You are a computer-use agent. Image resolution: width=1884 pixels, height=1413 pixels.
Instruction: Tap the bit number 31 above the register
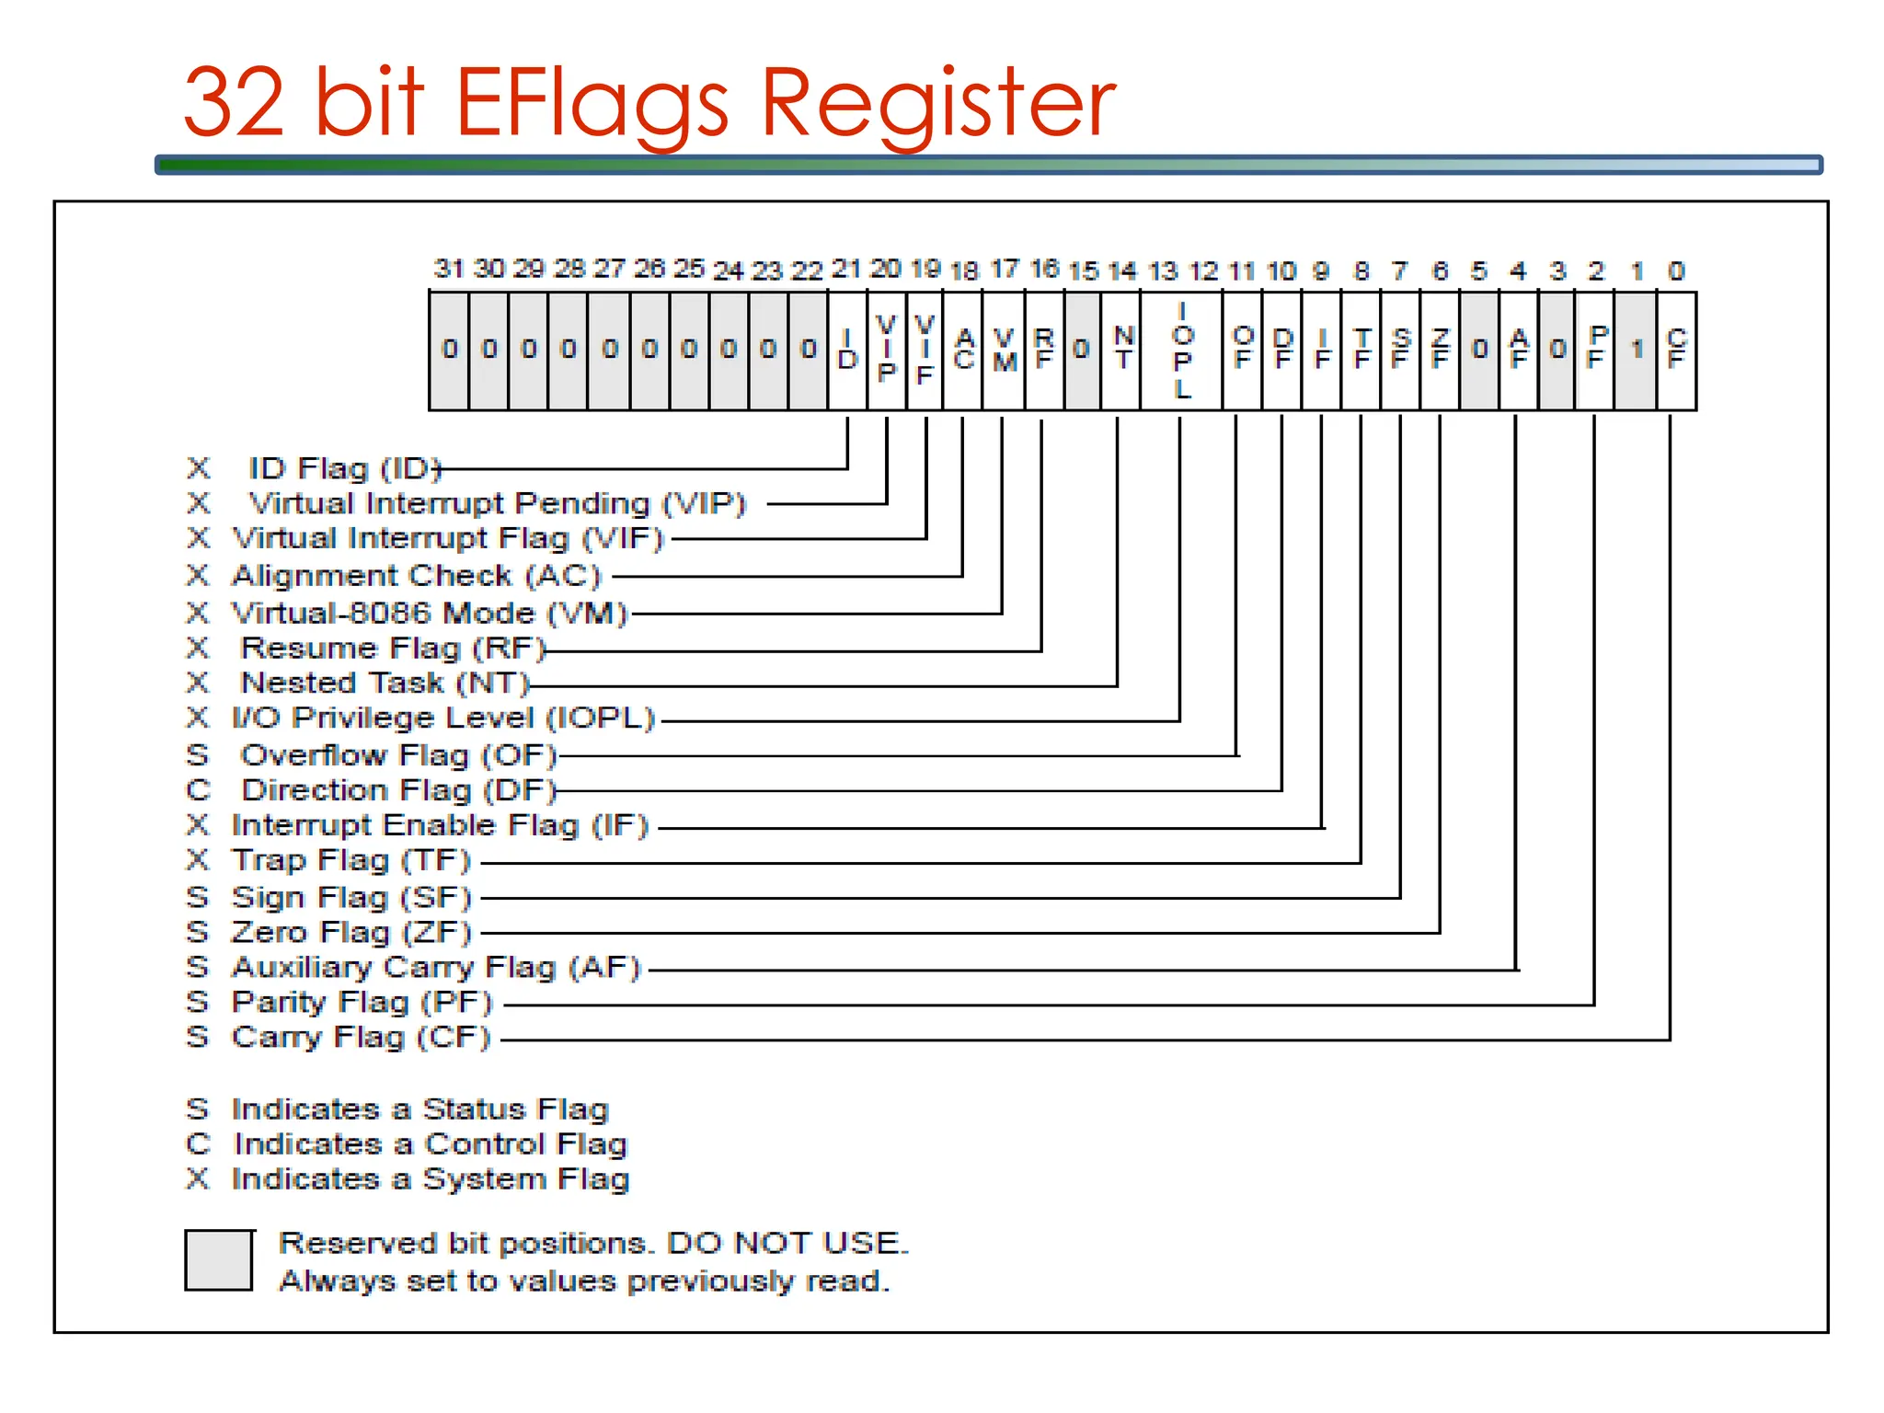coord(448,269)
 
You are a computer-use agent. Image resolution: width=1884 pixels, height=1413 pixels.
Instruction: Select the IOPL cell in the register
coord(1182,350)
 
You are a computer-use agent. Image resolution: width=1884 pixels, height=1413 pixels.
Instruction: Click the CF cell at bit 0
coord(1676,350)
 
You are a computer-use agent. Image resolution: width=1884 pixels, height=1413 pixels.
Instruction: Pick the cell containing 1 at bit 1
coord(1636,350)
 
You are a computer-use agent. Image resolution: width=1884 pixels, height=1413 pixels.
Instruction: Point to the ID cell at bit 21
coord(847,350)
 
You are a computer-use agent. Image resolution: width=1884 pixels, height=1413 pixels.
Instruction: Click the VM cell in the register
coord(1004,350)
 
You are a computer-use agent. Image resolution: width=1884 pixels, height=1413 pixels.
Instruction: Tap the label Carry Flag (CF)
coord(361,1037)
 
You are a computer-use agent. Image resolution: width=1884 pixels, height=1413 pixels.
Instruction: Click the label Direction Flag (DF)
coord(398,790)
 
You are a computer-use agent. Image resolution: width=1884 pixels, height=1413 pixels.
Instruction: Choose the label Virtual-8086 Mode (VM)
coord(429,613)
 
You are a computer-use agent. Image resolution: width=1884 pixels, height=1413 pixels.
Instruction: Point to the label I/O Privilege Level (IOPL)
coord(442,718)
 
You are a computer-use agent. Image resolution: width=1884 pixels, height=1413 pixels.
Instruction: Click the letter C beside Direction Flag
coord(198,790)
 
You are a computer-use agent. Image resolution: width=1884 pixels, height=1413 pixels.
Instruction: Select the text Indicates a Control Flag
coord(430,1144)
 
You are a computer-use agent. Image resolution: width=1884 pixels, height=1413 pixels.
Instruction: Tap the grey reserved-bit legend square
coord(219,1260)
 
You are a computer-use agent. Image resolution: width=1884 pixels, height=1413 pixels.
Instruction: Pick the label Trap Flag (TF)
coord(350,860)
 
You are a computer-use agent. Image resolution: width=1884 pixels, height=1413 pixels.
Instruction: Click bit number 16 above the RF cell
coord(1044,269)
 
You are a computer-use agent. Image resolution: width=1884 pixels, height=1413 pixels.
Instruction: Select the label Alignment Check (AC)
coord(416,576)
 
